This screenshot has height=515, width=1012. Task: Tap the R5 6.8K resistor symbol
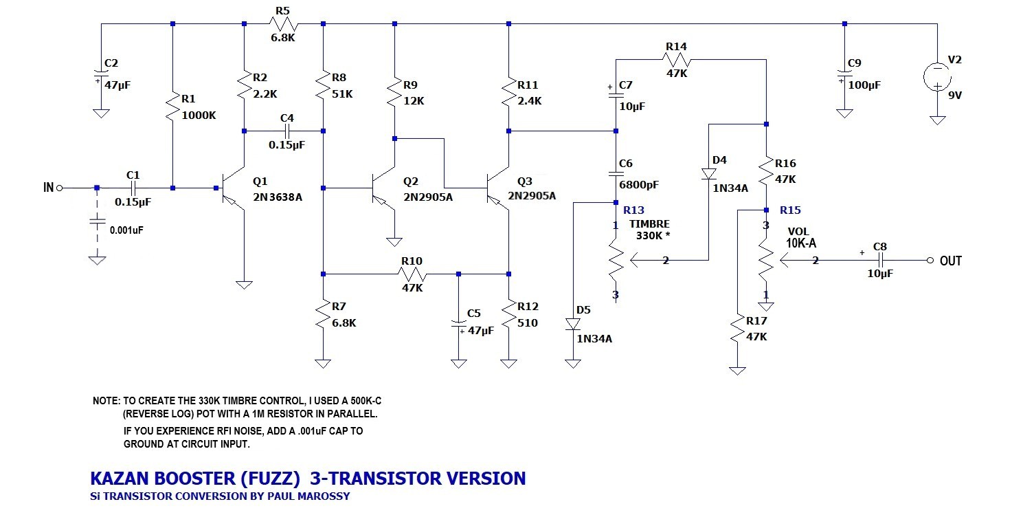pyautogui.click(x=283, y=24)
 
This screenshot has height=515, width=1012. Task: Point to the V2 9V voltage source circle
pyautogui.click(x=937, y=76)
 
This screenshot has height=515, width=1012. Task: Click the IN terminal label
pyautogui.click(x=49, y=187)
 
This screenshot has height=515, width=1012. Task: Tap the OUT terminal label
pyautogui.click(x=951, y=261)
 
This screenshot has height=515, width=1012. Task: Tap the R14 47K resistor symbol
pyautogui.click(x=677, y=59)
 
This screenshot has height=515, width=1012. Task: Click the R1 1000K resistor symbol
pyautogui.click(x=172, y=107)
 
